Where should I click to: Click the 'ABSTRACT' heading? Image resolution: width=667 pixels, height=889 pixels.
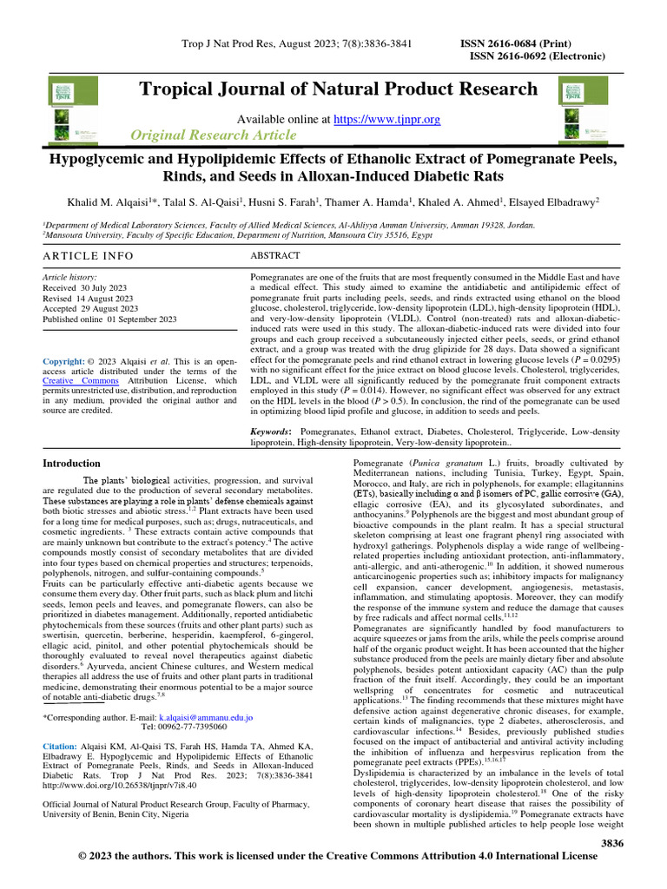click(x=275, y=256)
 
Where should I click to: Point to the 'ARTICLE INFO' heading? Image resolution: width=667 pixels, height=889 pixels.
click(x=89, y=256)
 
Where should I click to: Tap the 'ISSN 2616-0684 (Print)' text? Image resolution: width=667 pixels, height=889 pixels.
click(x=516, y=43)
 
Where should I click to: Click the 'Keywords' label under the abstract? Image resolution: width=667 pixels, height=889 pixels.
click(x=270, y=431)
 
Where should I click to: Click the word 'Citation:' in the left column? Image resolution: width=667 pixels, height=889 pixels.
click(x=65, y=745)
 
